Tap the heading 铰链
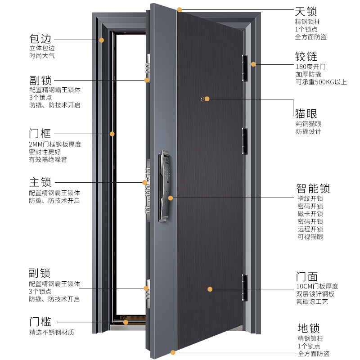pyautogui.click(x=306, y=57)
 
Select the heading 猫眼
pyautogui.click(x=306, y=112)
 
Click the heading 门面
pyautogui.click(x=307, y=276)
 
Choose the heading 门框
pyautogui.click(x=40, y=134)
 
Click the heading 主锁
pyautogui.click(x=40, y=182)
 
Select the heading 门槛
pyautogui.click(x=40, y=322)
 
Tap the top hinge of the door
pyautogui.click(x=245, y=67)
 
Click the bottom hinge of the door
pyautogui.click(x=245, y=288)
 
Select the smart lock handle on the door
pyautogui.click(x=164, y=187)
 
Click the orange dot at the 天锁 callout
pyautogui.click(x=180, y=9)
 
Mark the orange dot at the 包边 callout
pyautogui.click(x=102, y=40)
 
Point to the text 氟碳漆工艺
pyautogui.click(x=312, y=301)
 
